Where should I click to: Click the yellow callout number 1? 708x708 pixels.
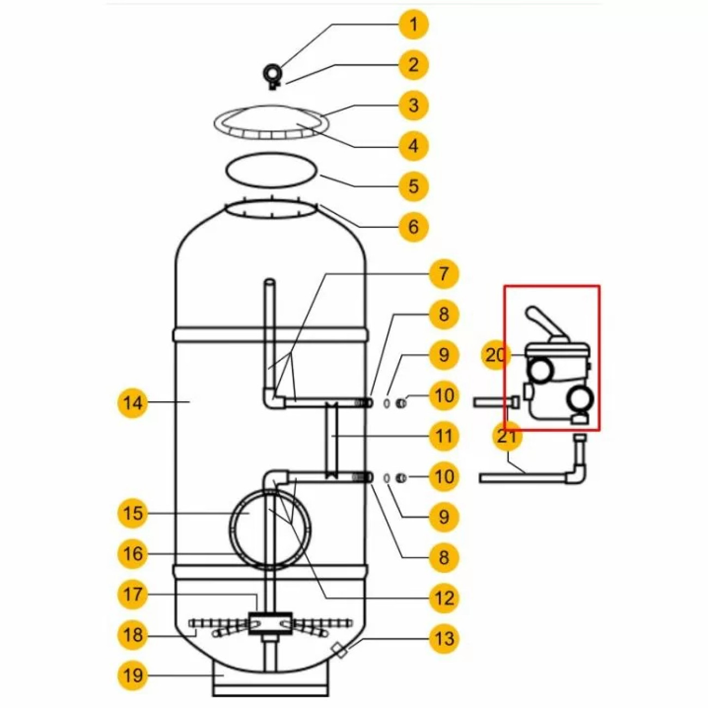[414, 25]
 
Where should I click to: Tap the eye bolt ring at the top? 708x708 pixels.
[272, 73]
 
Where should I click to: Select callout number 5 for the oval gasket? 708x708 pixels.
[414, 186]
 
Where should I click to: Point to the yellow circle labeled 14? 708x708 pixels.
[133, 403]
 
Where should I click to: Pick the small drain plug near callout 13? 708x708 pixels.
[340, 652]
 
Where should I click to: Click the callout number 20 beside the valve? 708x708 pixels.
[496, 355]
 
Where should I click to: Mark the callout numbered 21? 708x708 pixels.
[506, 436]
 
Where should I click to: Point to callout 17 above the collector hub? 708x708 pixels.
[133, 594]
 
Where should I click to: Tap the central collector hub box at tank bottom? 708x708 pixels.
[271, 624]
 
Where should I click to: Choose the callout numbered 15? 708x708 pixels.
[133, 513]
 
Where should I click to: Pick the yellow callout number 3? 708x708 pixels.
[414, 105]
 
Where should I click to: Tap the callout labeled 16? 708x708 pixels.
[133, 554]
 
